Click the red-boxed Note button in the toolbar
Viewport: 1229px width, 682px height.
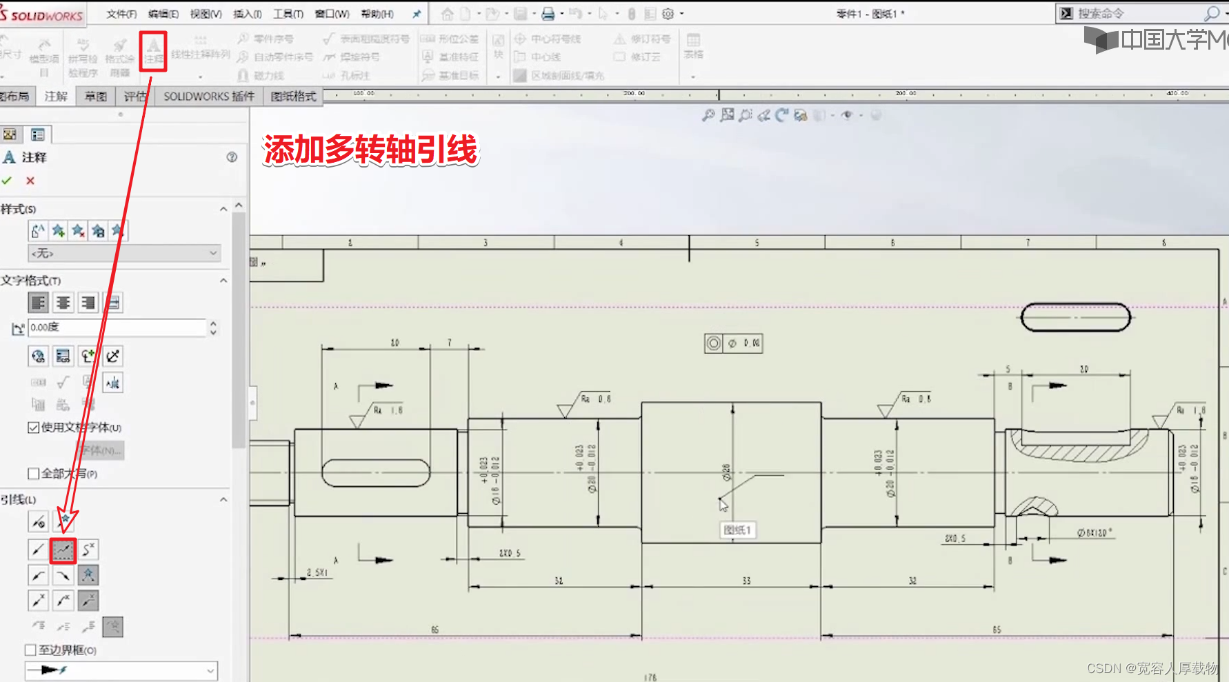[153, 51]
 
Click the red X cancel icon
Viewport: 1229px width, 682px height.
[30, 181]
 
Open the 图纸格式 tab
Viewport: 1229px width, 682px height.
[293, 97]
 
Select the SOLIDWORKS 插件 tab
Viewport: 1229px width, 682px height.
[208, 97]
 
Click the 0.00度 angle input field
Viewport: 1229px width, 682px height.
[117, 328]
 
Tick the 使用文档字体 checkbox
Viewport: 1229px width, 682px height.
[33, 428]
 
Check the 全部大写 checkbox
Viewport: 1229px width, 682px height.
[33, 474]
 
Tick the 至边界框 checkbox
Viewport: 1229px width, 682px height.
[30, 650]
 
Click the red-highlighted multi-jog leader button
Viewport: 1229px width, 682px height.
[63, 550]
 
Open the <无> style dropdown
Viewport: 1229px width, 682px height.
[124, 254]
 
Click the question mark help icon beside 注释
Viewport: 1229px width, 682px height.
[232, 157]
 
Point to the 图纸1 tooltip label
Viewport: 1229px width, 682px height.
[737, 530]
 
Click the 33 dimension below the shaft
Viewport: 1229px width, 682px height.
[746, 581]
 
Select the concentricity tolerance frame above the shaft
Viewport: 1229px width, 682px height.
[733, 343]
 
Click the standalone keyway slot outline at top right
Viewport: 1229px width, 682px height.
[1075, 318]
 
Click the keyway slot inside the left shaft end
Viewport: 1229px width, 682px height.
[376, 473]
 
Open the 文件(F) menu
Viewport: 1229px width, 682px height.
[121, 14]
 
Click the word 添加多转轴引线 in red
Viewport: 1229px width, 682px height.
[370, 150]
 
